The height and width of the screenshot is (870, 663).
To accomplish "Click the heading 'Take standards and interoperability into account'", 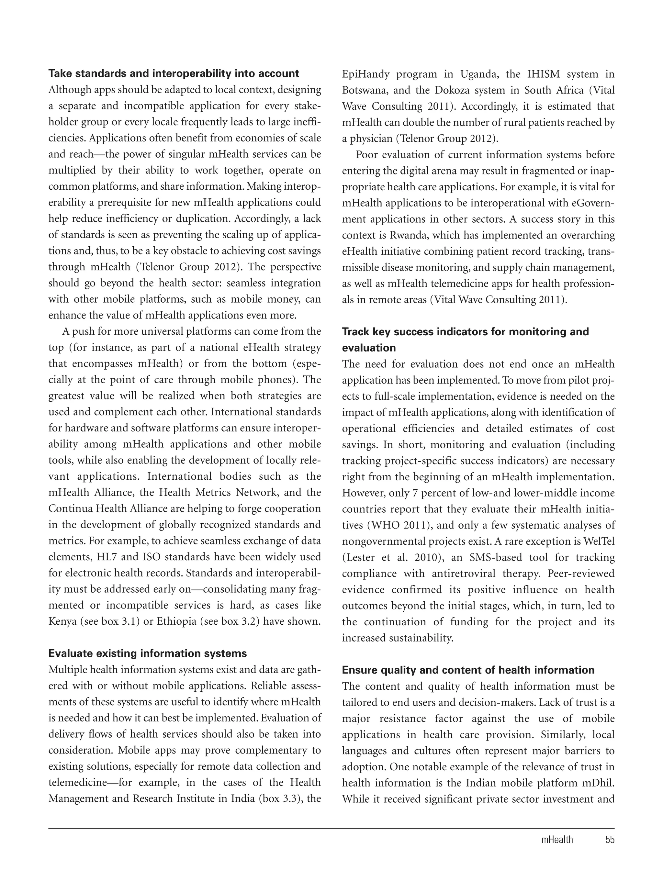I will click(174, 73).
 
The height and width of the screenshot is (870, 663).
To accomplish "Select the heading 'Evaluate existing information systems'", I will click(147, 653).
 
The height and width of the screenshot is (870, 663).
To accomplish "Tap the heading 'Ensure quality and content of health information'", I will click(468, 670).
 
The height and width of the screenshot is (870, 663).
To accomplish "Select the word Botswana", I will click(364, 90).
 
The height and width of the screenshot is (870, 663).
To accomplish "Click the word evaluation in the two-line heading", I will click(369, 348).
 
